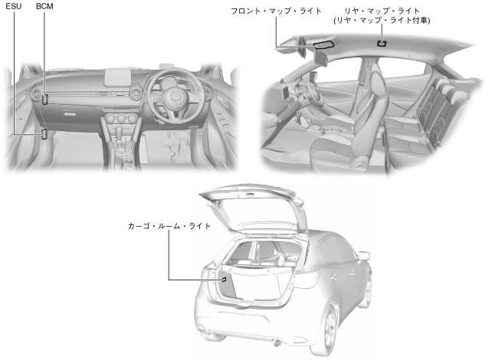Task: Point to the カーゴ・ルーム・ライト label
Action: click(x=169, y=227)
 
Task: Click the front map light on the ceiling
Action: click(x=323, y=46)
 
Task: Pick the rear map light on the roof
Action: click(x=382, y=43)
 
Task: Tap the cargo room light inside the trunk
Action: click(x=224, y=280)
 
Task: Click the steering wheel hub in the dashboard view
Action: click(x=174, y=99)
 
